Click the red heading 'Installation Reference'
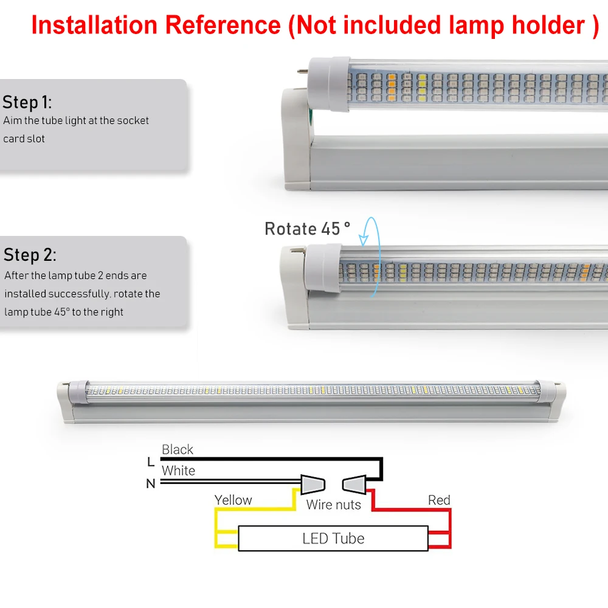(156, 25)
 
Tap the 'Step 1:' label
(27, 102)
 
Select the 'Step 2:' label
(30, 254)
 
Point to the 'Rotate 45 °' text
(308, 229)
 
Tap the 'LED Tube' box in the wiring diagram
(333, 538)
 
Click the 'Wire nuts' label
(333, 505)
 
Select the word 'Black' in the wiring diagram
(178, 450)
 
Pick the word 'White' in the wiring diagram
(178, 471)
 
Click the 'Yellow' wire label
(233, 500)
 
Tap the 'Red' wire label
(439, 500)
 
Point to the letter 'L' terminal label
(151, 462)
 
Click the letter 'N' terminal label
(151, 484)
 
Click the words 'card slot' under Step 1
(24, 139)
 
